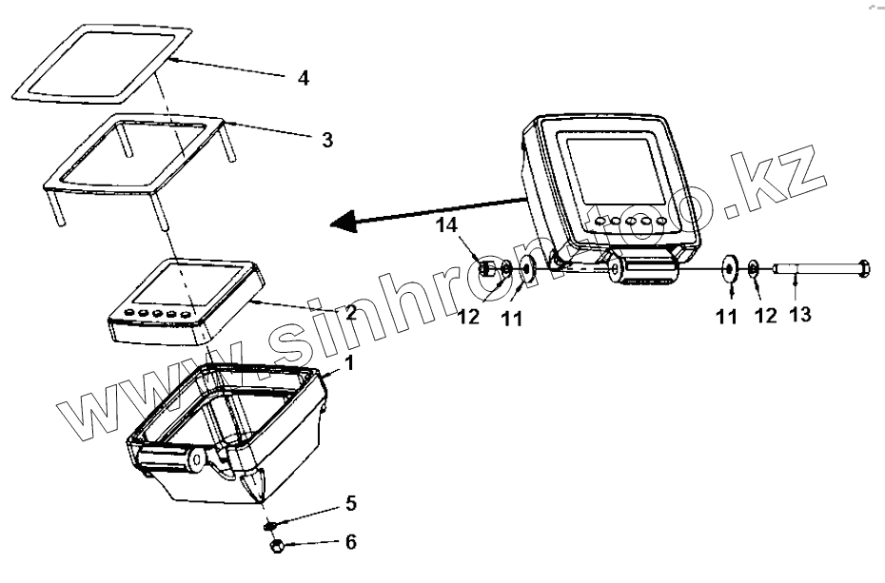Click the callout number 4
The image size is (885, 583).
[303, 78]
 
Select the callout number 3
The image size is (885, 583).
[326, 140]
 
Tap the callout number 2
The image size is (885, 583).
[350, 311]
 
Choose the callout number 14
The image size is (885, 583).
[447, 227]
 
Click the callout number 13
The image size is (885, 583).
[800, 314]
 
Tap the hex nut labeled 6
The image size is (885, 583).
[277, 547]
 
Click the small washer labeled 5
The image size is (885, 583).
[271, 523]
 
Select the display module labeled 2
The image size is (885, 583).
[186, 300]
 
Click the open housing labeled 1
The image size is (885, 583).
[228, 437]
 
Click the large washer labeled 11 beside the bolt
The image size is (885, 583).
[731, 269]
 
